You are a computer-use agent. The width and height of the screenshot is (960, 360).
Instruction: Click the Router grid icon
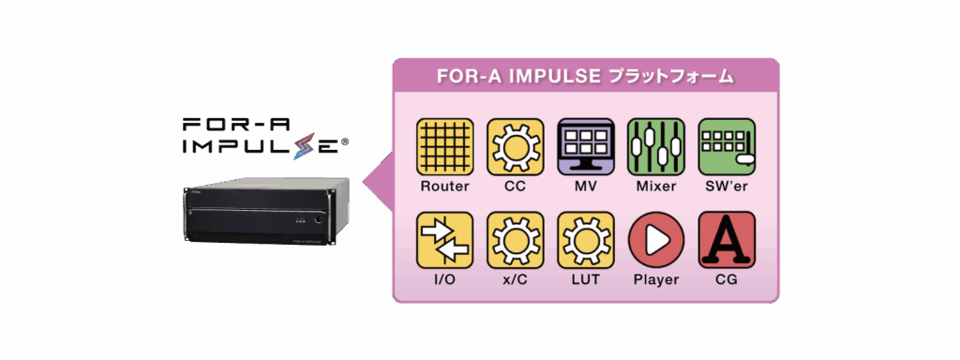pos(444,146)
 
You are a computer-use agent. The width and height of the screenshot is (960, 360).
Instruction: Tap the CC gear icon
pos(515,146)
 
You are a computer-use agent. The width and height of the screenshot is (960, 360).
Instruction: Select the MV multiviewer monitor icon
pos(586,146)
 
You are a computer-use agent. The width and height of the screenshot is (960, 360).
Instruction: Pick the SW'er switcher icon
pos(727,146)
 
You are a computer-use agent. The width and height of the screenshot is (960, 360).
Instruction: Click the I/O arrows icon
pos(444,240)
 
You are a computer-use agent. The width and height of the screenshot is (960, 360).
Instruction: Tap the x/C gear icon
pos(515,240)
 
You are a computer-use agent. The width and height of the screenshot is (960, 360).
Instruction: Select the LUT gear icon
pos(586,240)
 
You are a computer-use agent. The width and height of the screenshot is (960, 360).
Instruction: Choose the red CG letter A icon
pos(727,240)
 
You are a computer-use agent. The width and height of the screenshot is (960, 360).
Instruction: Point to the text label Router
pos(444,187)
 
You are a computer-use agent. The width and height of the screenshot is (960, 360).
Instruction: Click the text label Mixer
pos(656,187)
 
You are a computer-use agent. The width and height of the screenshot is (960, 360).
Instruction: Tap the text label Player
pos(656,280)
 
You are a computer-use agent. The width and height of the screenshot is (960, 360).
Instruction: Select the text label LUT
pos(586,280)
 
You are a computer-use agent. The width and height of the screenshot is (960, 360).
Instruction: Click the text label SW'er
pos(727,187)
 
